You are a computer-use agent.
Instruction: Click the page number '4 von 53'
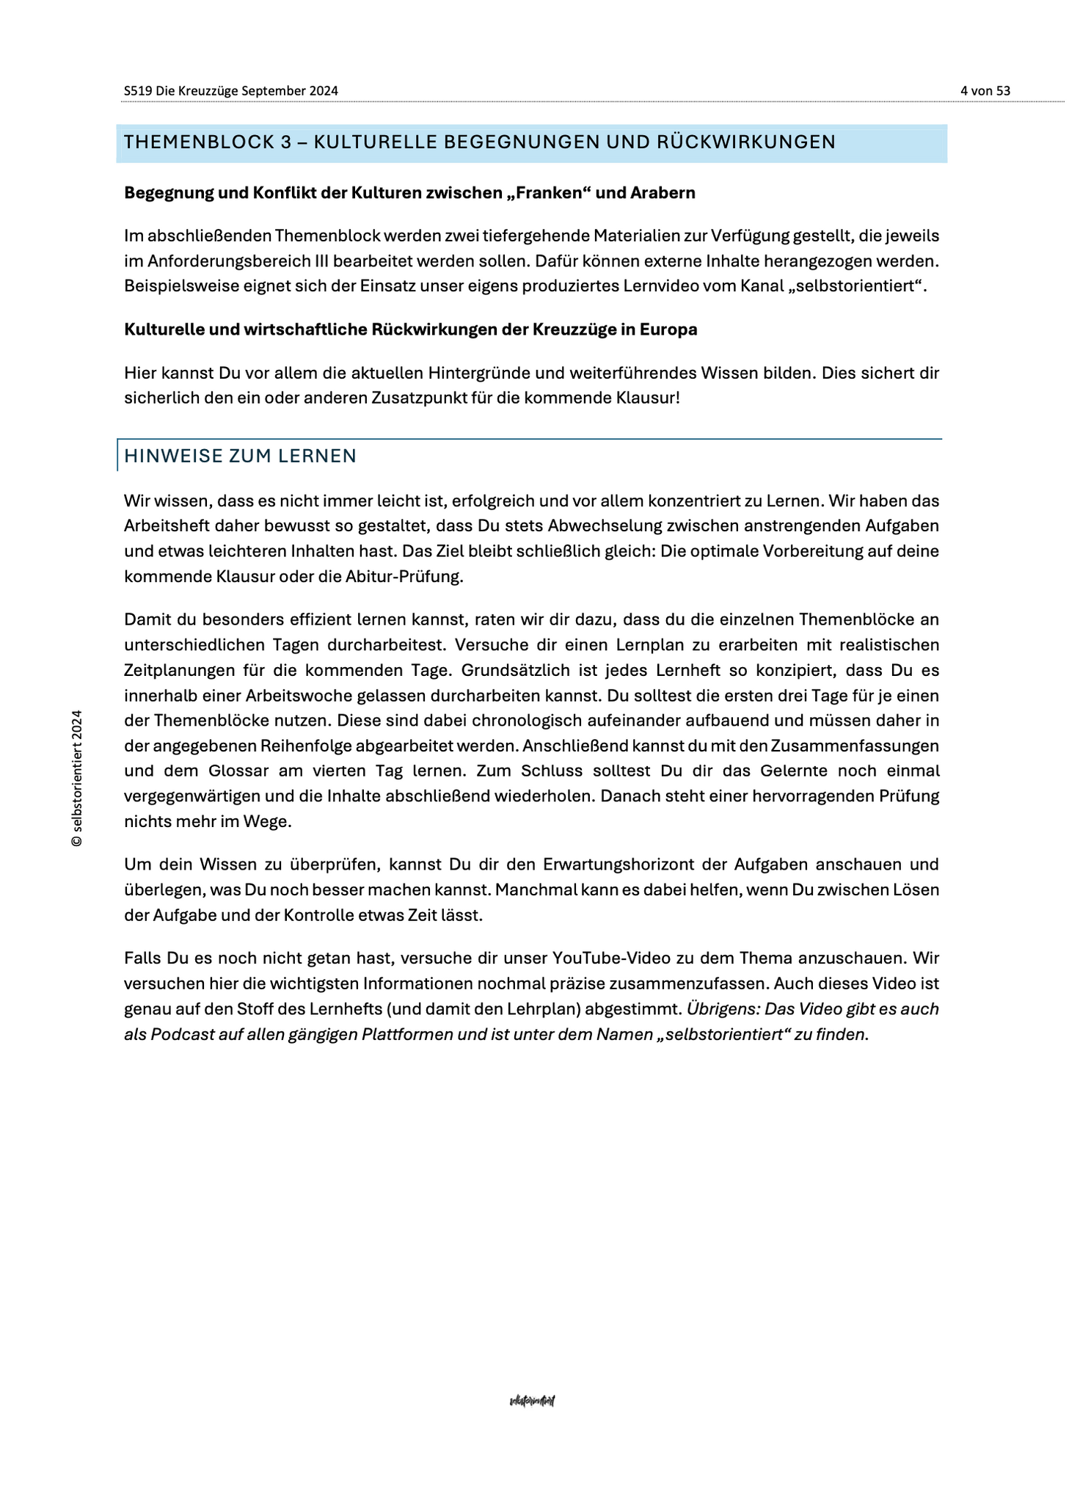tap(985, 91)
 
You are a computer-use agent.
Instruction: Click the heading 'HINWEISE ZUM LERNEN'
tap(240, 456)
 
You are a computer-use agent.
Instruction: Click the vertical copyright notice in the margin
tap(76, 778)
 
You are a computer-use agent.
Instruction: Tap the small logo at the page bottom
tap(532, 1401)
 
